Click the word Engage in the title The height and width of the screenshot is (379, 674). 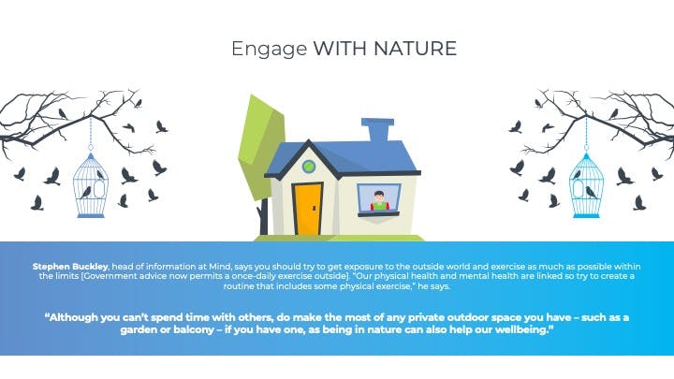click(269, 50)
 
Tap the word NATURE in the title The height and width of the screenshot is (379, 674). click(416, 48)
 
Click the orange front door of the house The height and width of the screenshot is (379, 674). click(308, 210)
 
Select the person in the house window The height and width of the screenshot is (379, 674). click(379, 200)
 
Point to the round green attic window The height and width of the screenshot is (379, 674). click(309, 167)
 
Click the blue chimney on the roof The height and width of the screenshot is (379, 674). click(378, 130)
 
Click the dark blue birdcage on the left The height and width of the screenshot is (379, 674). click(91, 184)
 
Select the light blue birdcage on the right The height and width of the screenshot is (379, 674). click(586, 185)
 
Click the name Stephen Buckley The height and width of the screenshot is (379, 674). click(70, 267)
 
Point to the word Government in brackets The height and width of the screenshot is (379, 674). click(108, 276)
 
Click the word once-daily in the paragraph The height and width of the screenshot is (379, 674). click(254, 276)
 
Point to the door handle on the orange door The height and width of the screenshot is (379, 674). click(315, 208)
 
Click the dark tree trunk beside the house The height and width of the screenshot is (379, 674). click(263, 217)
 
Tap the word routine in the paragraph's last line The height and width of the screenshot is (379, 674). click(239, 286)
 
